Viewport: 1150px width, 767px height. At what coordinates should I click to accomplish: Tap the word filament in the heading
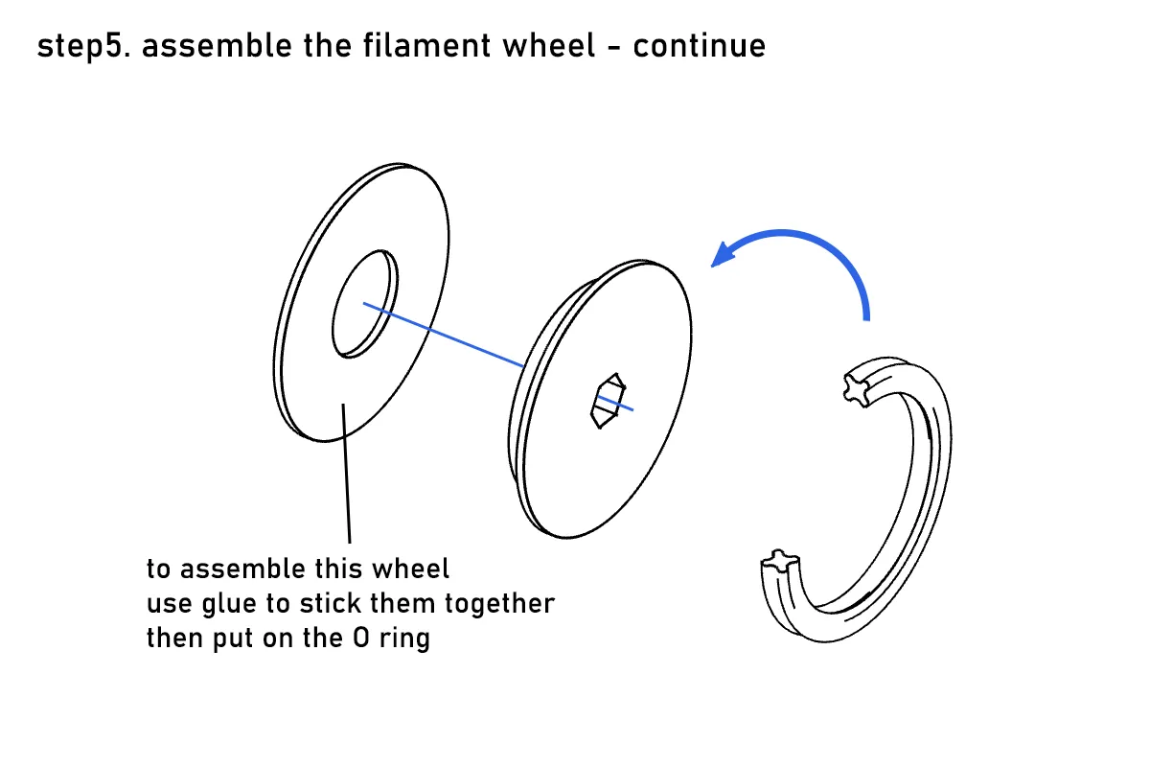tap(426, 45)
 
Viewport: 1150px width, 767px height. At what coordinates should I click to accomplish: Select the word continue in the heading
tap(700, 45)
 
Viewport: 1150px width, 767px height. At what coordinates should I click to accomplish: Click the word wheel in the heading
tap(548, 45)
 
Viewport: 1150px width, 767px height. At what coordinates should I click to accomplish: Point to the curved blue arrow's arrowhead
tap(723, 254)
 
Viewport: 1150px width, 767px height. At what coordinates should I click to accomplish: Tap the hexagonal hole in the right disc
tap(609, 401)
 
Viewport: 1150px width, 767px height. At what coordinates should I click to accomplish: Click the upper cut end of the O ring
tap(857, 390)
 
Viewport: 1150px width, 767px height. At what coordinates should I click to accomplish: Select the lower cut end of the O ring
tap(779, 561)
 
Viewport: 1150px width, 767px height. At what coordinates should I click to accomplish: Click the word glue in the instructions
tap(228, 604)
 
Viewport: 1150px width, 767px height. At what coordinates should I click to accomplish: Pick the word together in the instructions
tap(499, 603)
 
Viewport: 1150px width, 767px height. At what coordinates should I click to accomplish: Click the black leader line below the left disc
tap(347, 474)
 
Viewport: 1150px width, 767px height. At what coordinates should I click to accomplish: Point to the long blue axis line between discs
tap(444, 335)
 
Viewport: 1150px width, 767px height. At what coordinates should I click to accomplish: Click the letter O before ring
tap(361, 638)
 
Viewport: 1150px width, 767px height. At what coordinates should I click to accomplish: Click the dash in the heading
tap(614, 47)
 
